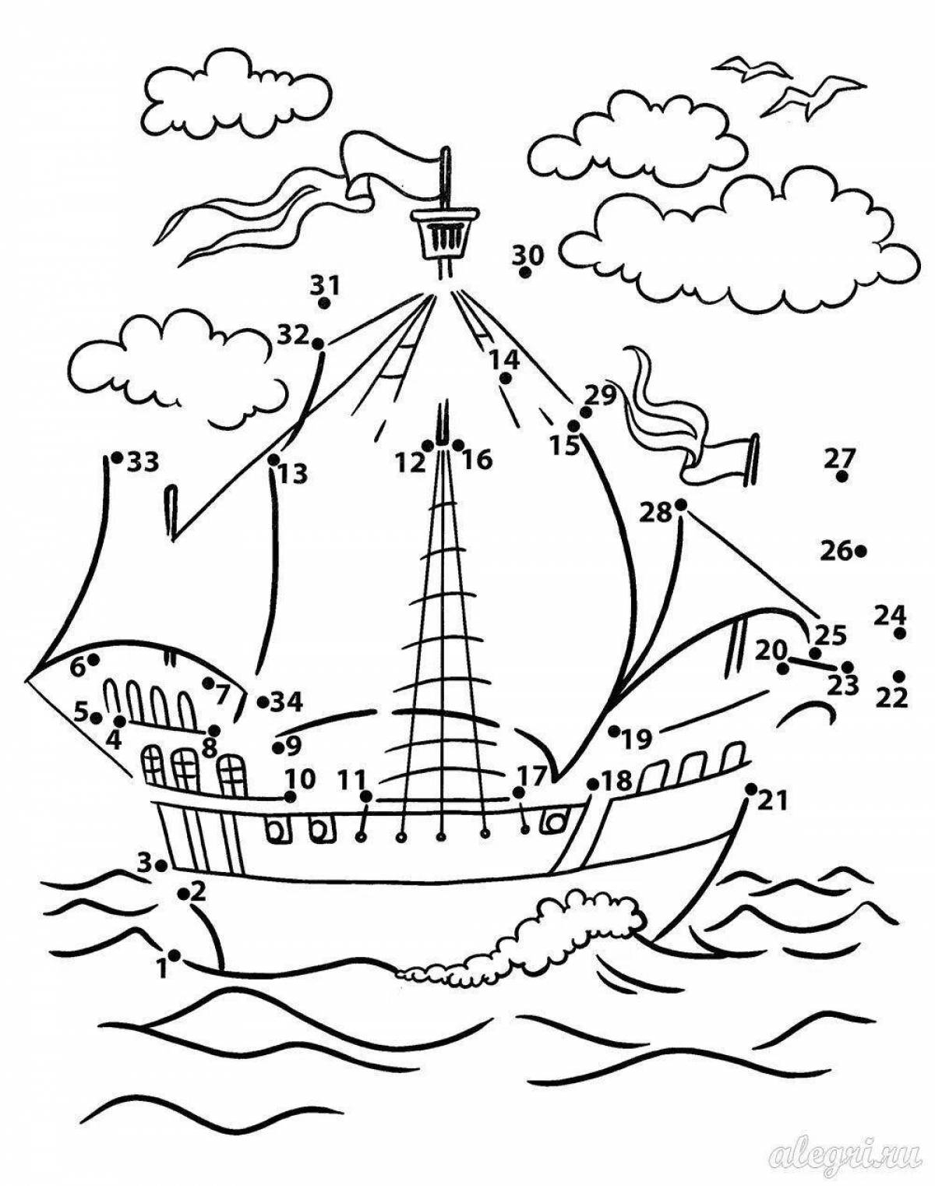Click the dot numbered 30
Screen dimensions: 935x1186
coord(526,272)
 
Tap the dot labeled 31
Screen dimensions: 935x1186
coord(325,302)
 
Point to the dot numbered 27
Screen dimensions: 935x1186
coord(841,477)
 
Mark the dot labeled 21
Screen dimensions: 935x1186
coord(750,789)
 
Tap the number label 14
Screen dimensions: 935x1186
coord(504,360)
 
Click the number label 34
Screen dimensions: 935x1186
coord(287,702)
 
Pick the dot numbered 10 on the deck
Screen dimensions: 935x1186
coord(291,796)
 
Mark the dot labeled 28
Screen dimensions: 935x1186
coord(681,504)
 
